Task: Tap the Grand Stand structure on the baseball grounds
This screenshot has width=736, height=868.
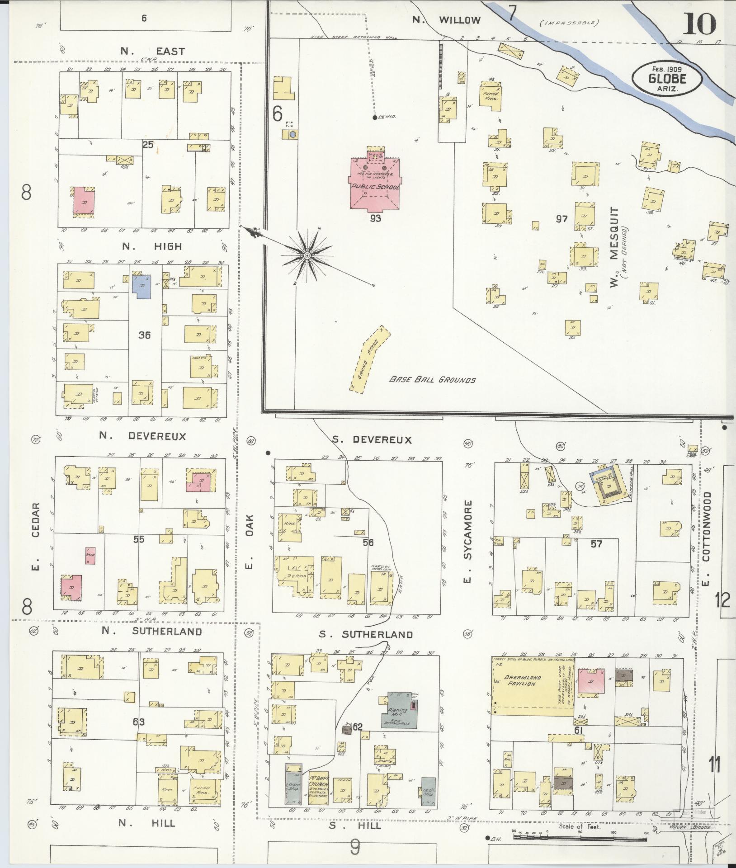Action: tap(369, 359)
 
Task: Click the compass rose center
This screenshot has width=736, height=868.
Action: tap(307, 256)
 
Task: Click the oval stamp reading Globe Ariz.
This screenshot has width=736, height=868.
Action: tap(667, 78)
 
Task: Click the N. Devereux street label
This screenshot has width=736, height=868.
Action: tap(142, 436)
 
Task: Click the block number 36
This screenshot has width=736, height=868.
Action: tap(145, 335)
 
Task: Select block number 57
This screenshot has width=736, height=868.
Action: tap(597, 544)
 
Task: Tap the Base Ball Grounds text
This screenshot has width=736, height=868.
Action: tap(432, 380)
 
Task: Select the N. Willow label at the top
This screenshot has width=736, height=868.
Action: tap(447, 20)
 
